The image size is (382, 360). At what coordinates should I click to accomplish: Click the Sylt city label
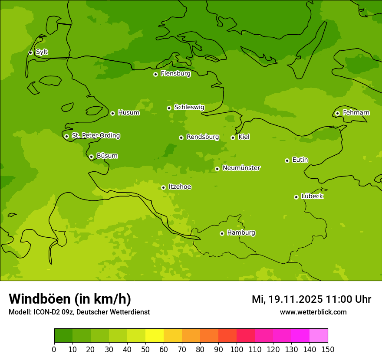click(42, 52)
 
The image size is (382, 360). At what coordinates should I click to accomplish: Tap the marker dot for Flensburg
click(155, 74)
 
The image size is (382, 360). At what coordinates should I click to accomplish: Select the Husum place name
click(128, 113)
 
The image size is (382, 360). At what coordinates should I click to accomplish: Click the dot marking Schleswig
click(169, 108)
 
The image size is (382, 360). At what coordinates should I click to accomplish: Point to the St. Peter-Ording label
click(95, 136)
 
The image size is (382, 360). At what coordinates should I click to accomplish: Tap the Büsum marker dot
click(91, 157)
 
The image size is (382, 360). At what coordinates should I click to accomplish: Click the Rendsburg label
click(203, 137)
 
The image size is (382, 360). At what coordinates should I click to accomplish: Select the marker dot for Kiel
click(233, 137)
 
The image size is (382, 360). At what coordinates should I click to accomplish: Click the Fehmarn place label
click(356, 113)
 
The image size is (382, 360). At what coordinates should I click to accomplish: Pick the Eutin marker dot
click(287, 160)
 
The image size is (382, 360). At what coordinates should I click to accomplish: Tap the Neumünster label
click(241, 168)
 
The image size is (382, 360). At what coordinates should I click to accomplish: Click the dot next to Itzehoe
click(163, 187)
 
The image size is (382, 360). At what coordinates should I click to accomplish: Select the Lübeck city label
click(312, 196)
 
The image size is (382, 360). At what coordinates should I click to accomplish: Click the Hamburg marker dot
click(222, 233)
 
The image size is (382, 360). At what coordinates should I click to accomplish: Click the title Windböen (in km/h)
click(70, 299)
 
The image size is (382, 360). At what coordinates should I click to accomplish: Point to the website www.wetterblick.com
click(313, 312)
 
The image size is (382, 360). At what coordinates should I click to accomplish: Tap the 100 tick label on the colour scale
click(237, 349)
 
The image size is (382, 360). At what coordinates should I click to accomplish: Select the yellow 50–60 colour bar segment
click(155, 336)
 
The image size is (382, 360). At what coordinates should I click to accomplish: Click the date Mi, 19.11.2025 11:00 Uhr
click(311, 299)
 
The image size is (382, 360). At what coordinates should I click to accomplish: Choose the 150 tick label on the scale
click(328, 349)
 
